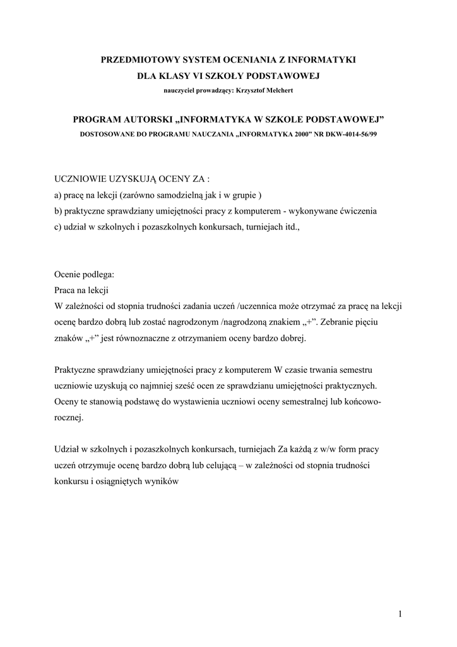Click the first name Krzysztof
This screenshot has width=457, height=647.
point(247,90)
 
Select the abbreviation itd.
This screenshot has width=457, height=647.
point(291,228)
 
